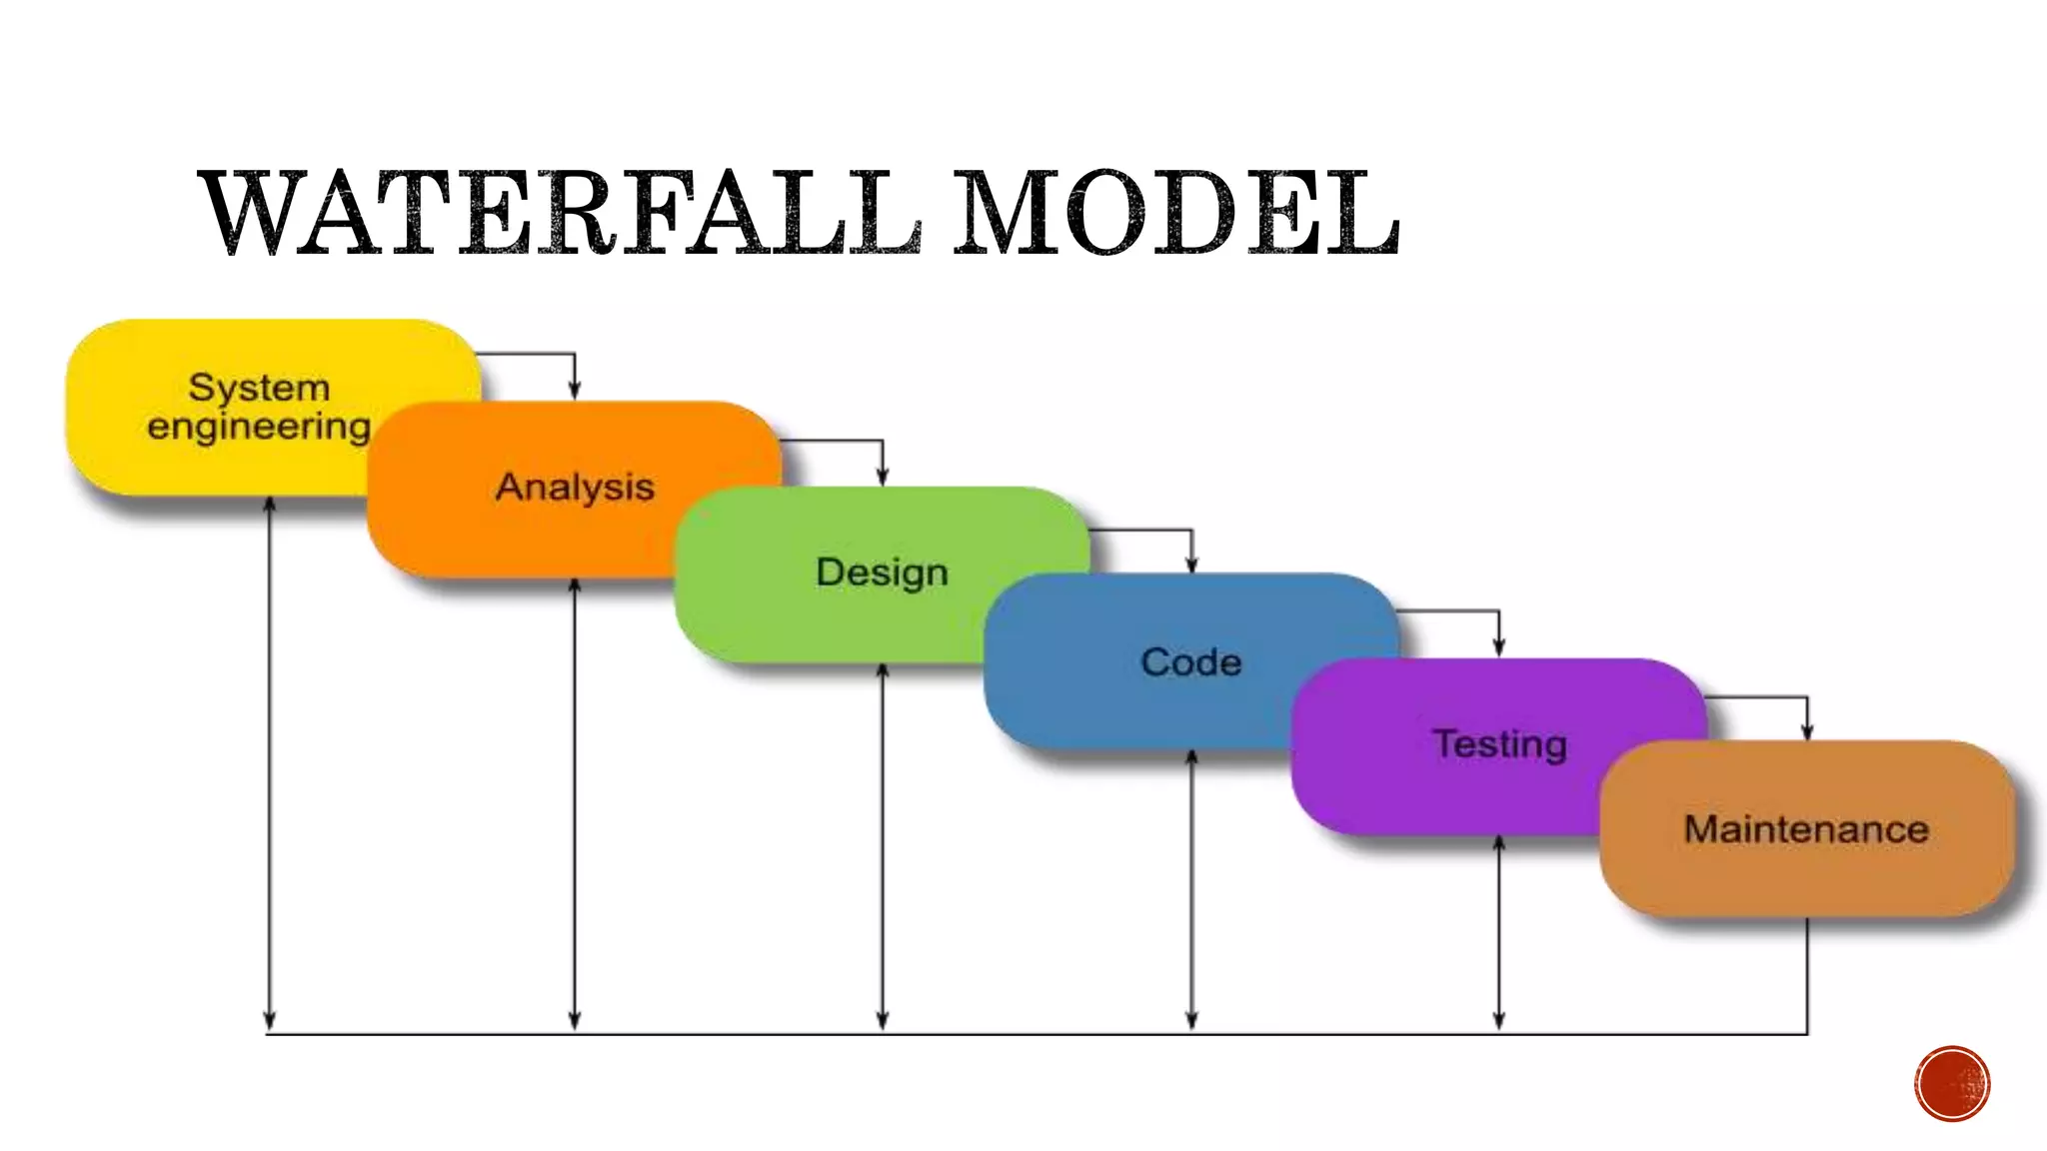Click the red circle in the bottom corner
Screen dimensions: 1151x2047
point(1952,1084)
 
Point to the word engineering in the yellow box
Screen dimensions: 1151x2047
point(259,427)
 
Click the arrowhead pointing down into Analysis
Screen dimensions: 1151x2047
point(575,391)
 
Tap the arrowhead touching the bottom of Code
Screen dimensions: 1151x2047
point(1191,757)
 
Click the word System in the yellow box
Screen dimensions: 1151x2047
point(259,387)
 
